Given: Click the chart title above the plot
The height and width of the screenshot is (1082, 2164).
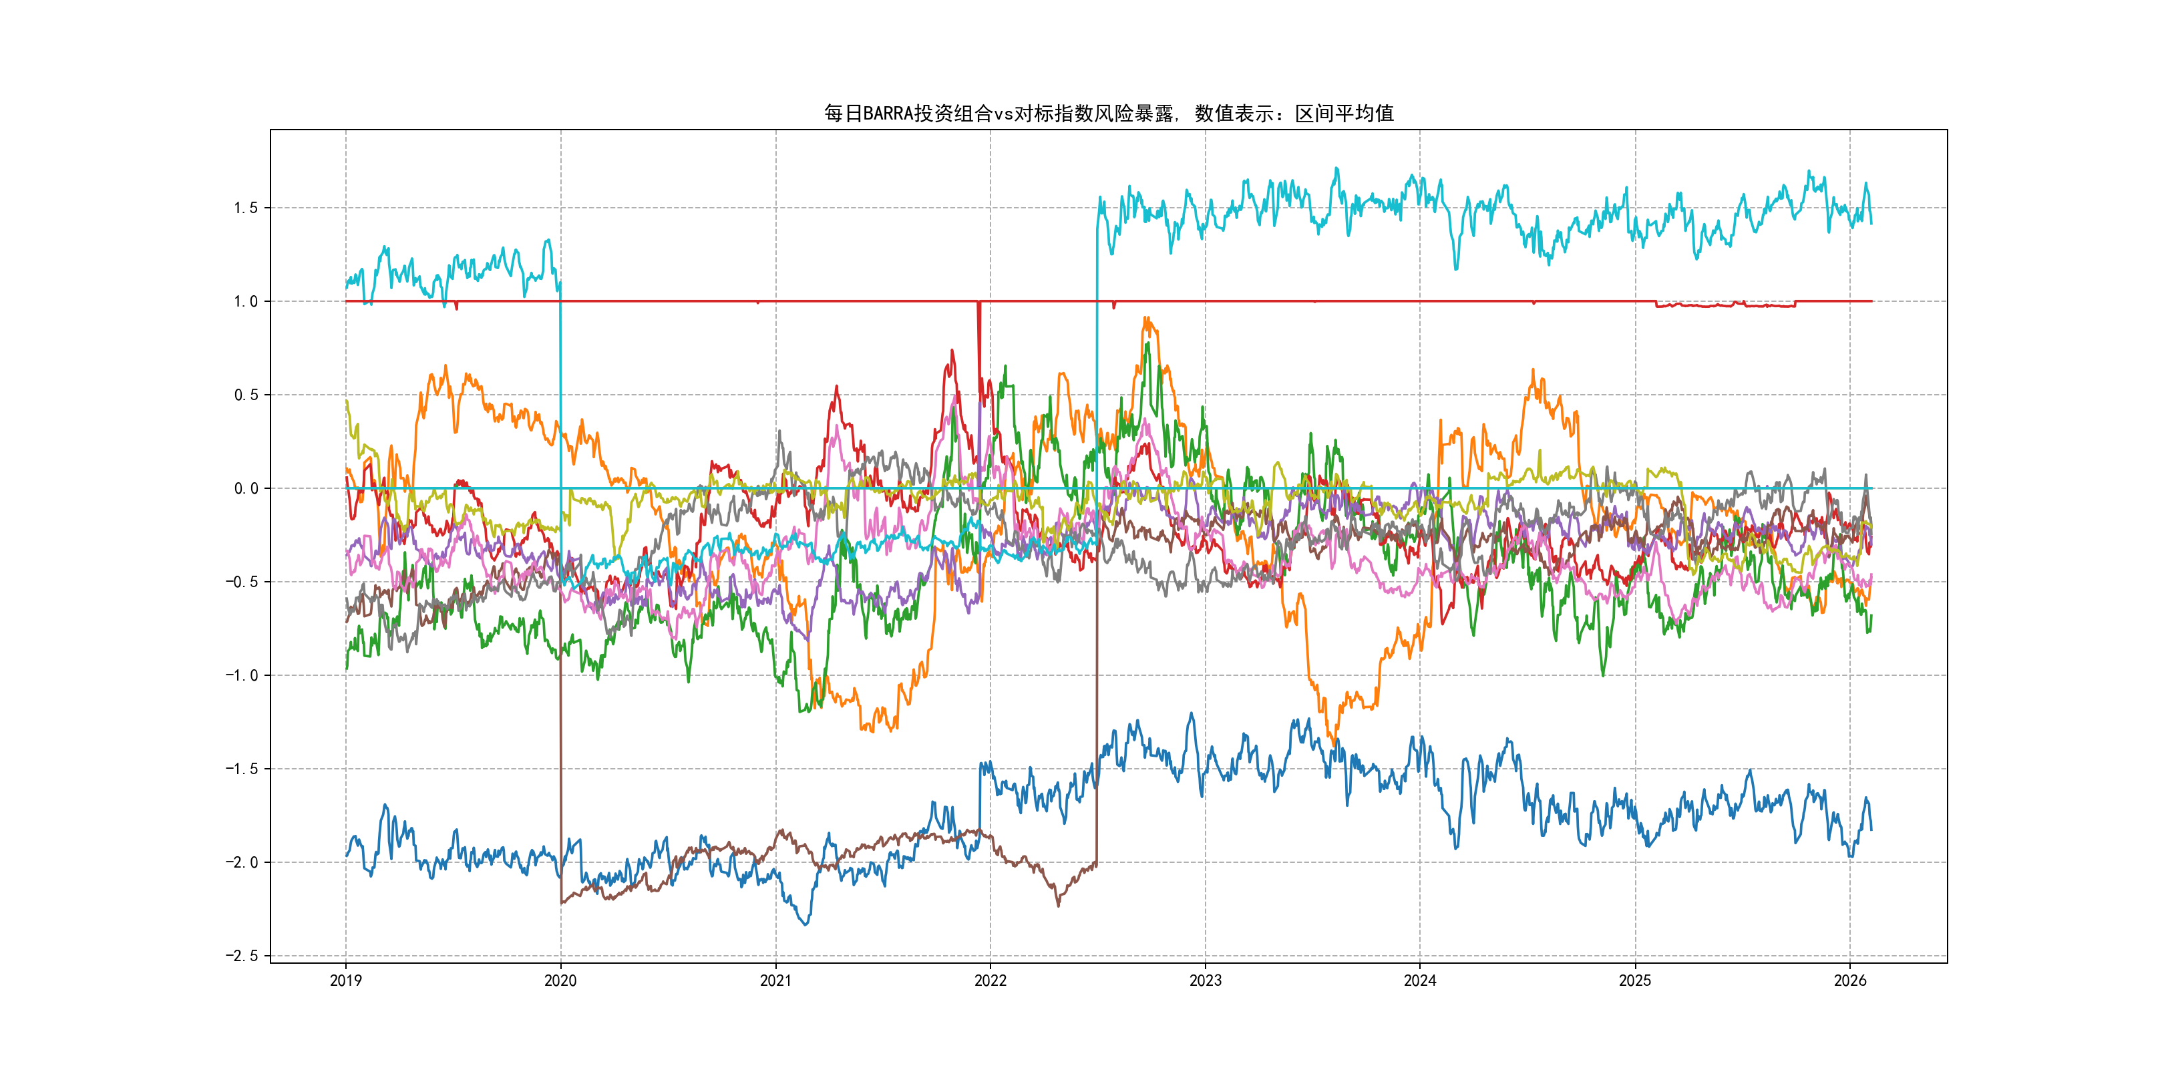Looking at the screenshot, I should point(1108,114).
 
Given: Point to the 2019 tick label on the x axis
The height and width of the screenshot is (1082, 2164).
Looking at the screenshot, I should point(345,980).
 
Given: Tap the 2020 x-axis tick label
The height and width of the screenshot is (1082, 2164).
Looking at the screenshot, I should point(560,980).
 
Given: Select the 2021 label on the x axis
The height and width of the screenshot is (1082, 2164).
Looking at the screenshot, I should point(775,980).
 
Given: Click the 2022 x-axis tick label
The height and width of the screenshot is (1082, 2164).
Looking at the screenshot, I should point(990,980).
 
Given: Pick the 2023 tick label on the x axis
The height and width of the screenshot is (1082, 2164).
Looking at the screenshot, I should point(1205,980).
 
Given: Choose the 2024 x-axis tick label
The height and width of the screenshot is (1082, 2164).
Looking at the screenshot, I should point(1420,980).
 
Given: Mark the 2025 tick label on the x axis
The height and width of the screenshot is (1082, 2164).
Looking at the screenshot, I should point(1635,980).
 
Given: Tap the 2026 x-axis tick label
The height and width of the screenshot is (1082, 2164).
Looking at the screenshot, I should point(1850,980).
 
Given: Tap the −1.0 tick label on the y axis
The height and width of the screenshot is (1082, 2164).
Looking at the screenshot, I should point(241,675).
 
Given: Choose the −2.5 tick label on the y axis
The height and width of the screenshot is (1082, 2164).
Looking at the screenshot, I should point(241,956).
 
